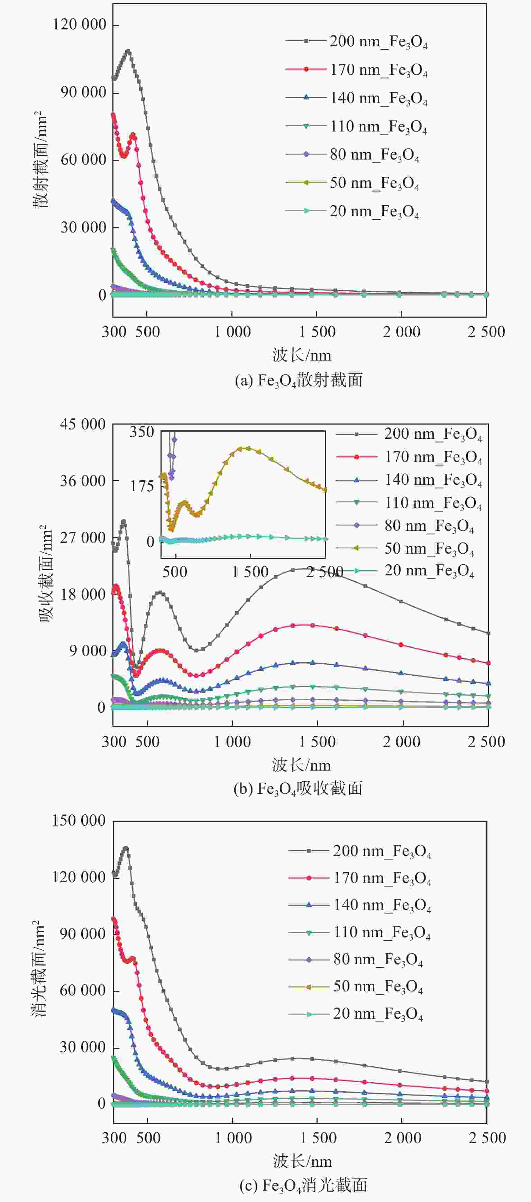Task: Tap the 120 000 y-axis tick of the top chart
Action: coord(79,24)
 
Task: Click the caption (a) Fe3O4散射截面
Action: coord(299,380)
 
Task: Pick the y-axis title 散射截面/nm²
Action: coord(41,159)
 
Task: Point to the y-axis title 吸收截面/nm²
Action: coord(45,574)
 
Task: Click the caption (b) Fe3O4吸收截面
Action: coord(298,789)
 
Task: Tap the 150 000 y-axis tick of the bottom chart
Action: coord(79,820)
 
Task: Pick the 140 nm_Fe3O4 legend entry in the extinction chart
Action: coord(382,905)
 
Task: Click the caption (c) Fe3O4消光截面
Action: coord(303,1185)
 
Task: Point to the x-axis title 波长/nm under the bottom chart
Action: coord(302,1161)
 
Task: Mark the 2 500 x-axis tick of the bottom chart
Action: coord(487,1138)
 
